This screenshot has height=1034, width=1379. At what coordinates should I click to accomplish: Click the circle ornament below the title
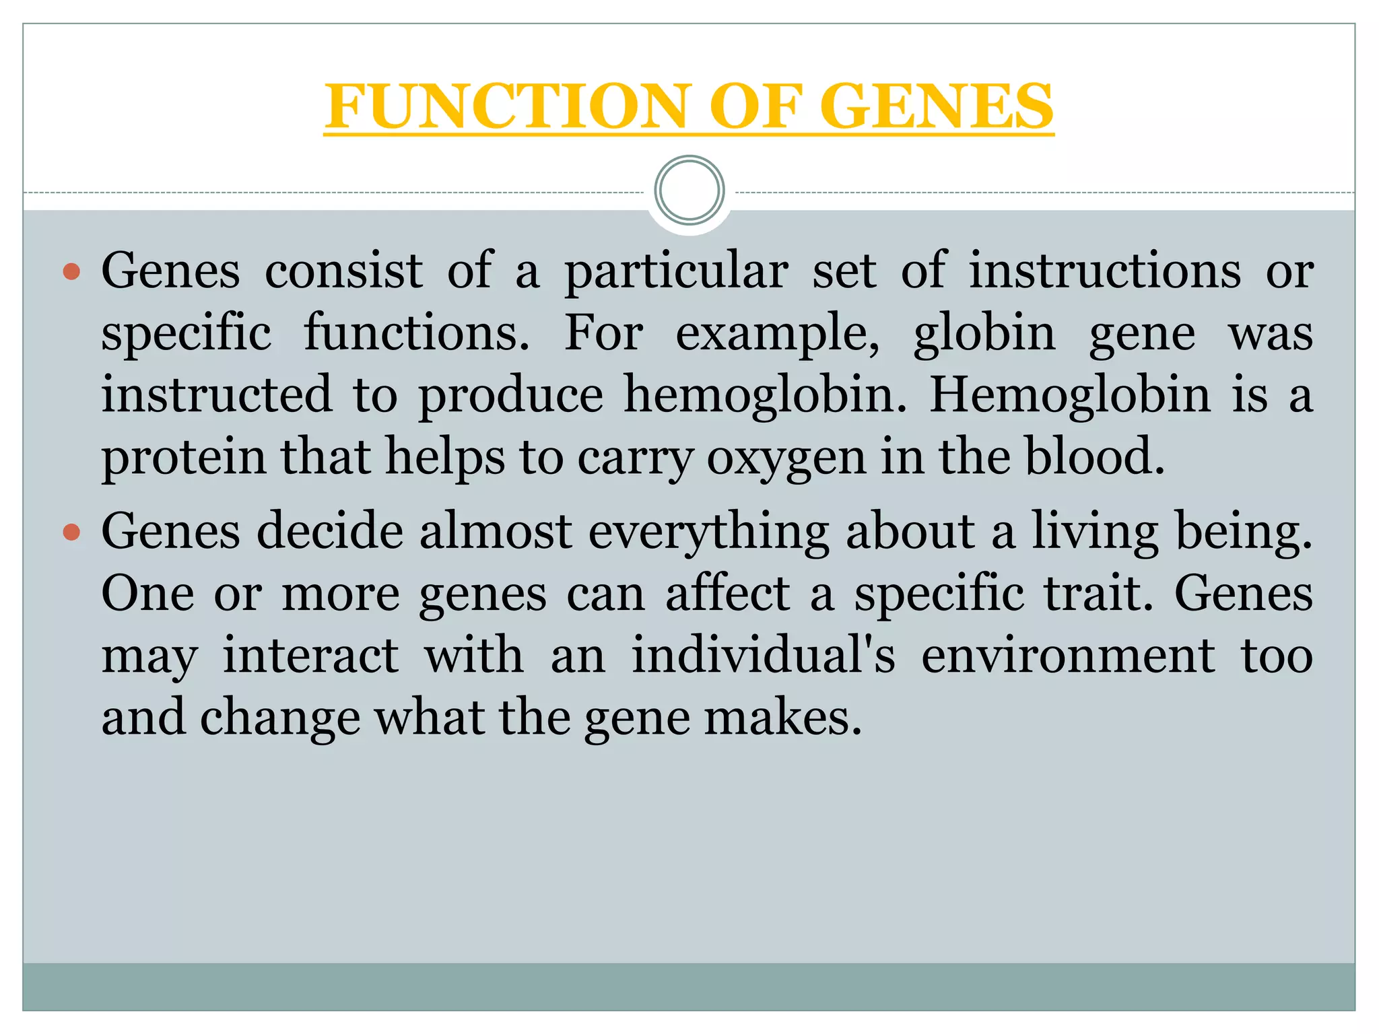(689, 191)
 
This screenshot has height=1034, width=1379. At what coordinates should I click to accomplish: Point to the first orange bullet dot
(71, 272)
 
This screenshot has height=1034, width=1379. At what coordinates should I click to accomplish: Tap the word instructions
(1105, 271)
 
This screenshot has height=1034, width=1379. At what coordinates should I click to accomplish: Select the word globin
(984, 334)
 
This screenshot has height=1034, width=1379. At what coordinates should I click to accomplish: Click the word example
(776, 334)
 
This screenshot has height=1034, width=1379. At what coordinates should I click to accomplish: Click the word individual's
(763, 656)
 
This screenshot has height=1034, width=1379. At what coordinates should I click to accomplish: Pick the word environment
(1068, 656)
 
